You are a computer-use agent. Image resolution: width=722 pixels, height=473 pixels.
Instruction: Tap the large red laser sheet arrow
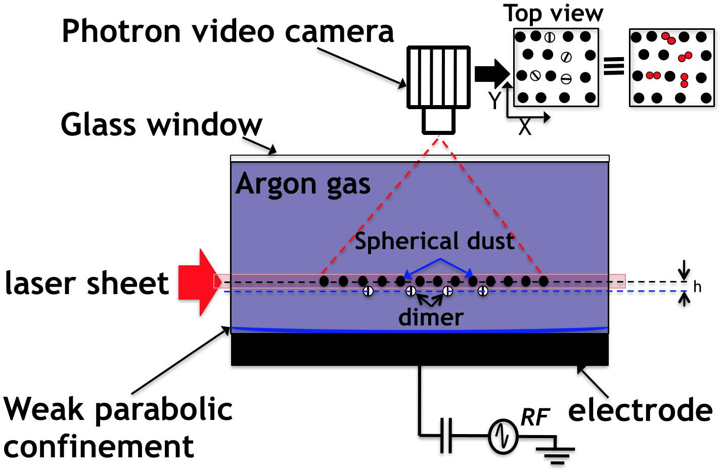tap(198, 282)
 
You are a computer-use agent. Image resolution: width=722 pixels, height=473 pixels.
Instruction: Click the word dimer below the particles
tap(431, 318)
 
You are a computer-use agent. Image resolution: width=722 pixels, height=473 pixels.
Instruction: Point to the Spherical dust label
tap(434, 241)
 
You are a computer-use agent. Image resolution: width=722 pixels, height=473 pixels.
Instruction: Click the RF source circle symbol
tap(503, 436)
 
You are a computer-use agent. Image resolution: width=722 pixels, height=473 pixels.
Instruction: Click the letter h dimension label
tap(697, 287)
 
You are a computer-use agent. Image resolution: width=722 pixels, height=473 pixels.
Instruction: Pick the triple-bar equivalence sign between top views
tap(614, 66)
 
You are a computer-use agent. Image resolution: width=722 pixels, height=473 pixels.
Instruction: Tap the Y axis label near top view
tap(494, 101)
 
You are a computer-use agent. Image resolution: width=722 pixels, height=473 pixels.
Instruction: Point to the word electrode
tap(640, 410)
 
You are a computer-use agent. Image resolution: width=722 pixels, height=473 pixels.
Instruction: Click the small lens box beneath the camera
tap(439, 121)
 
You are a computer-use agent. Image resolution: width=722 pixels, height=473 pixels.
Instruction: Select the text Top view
tap(553, 13)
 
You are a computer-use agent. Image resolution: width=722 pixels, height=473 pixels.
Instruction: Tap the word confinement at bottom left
tap(99, 447)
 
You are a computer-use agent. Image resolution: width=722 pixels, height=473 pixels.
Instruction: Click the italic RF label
tap(534, 417)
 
